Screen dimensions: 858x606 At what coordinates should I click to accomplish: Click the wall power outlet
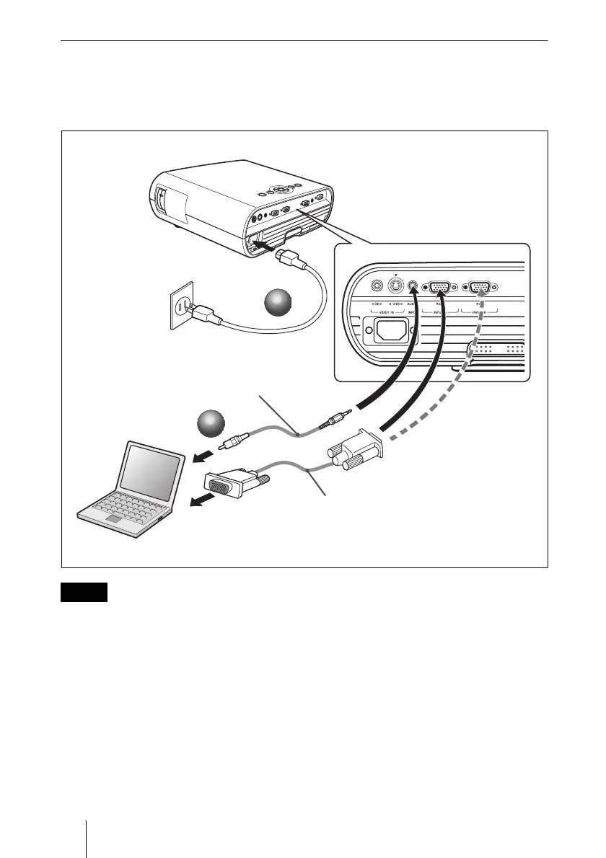click(x=183, y=304)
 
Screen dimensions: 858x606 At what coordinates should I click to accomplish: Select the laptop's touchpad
click(x=115, y=518)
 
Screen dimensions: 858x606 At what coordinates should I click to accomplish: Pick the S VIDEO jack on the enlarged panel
click(x=395, y=286)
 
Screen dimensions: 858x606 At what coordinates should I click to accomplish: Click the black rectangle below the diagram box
click(x=84, y=592)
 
